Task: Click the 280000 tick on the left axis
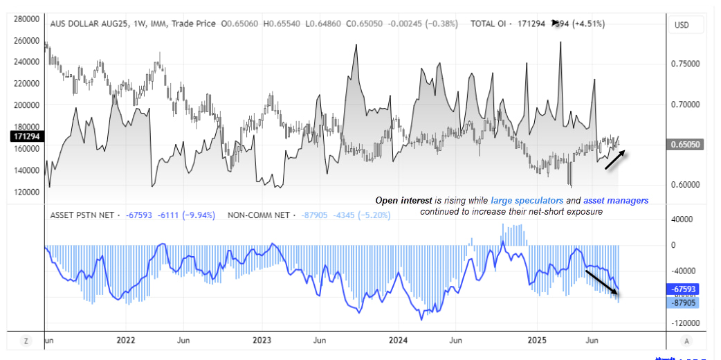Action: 24,19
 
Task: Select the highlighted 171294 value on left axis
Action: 25,137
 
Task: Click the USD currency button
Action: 682,25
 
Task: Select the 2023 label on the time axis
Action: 262,340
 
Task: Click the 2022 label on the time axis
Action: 125,340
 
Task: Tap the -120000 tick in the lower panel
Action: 682,323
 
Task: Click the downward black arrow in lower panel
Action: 602,280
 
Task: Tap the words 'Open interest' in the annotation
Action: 403,200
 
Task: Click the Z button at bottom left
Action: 26,341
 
